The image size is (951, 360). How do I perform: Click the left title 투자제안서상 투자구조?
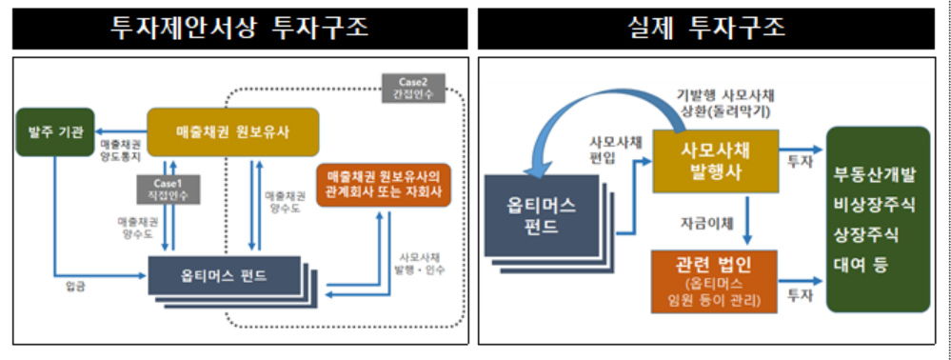coord(240,28)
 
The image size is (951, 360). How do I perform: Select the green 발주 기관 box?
coord(55,132)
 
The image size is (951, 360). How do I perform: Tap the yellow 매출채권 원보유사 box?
coord(231,130)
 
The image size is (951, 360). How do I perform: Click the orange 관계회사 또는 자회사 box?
coord(383,185)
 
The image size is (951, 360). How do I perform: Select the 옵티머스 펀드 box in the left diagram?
coord(225,277)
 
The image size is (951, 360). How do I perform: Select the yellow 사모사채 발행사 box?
coord(712,159)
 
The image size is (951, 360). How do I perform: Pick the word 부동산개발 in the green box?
coord(876,175)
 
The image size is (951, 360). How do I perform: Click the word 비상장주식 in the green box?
coord(876,205)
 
